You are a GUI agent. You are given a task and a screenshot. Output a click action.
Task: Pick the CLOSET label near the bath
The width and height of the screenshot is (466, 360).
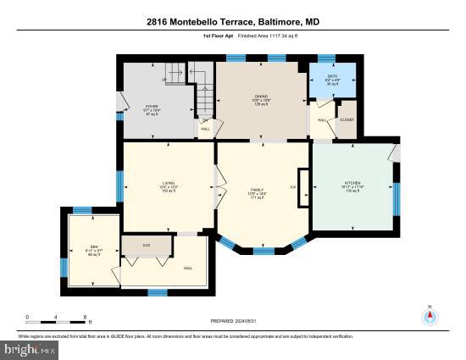click(347, 120)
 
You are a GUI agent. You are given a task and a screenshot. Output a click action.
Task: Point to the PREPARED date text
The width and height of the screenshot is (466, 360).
click(232, 321)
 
